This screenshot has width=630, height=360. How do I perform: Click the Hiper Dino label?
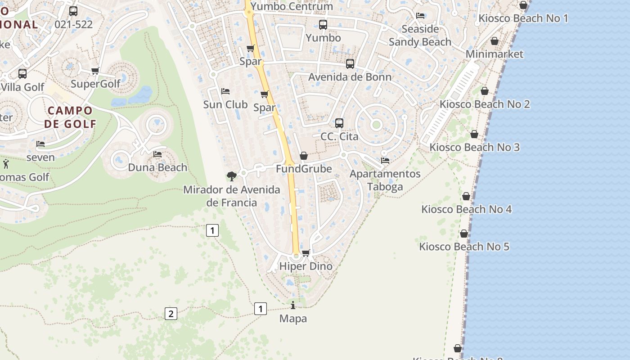306,266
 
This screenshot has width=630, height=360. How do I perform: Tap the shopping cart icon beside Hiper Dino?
306,253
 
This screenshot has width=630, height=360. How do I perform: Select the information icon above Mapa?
293,306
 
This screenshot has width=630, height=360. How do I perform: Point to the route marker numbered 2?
171,314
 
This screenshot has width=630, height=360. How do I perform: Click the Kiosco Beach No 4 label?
466,209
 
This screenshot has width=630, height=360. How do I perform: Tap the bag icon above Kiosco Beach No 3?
474,134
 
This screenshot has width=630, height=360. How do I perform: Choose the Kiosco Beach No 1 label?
523,18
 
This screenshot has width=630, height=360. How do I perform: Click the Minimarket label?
495,54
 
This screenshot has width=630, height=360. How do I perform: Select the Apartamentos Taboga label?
385,180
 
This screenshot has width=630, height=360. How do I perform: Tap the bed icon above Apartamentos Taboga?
385,160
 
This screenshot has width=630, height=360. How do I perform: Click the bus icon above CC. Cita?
339,123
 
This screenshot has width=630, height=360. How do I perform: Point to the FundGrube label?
304,169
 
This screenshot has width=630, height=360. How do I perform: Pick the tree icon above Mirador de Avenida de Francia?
232,176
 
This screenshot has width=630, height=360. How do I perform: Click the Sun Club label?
225,104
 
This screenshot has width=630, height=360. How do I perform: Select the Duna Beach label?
157,167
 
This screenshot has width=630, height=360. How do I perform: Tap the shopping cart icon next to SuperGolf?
95,71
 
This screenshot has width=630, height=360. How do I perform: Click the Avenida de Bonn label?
350,77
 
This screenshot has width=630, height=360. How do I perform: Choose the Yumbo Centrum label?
292,6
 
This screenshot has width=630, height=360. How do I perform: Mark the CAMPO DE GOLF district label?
70,117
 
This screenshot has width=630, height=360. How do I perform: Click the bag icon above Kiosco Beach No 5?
464,234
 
